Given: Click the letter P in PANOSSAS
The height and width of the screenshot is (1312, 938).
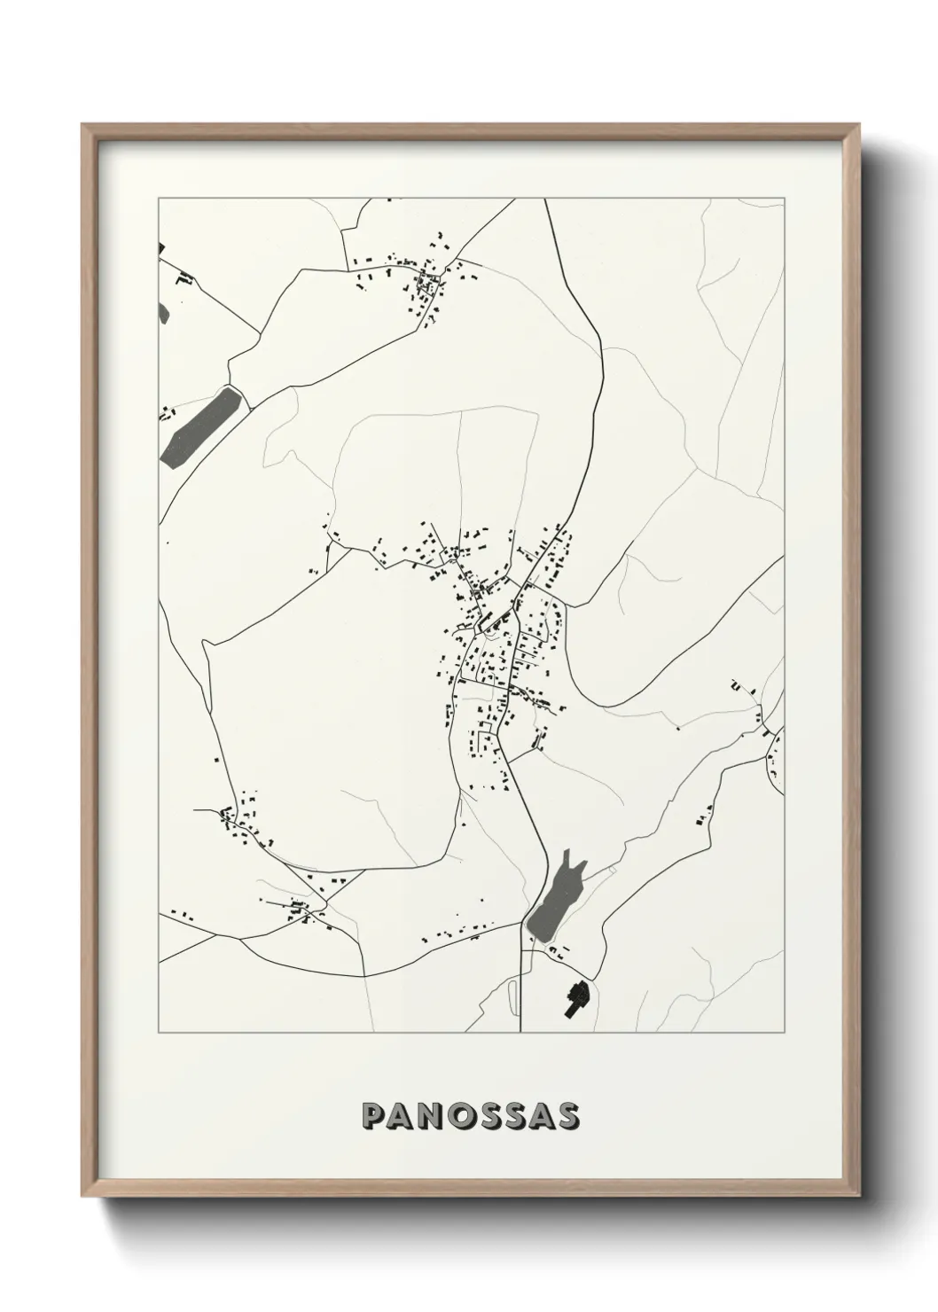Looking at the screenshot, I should coord(372,1117).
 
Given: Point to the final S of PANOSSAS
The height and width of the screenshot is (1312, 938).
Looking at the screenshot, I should coord(568,1117).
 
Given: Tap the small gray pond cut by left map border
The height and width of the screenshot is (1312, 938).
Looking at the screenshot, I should coord(163,312).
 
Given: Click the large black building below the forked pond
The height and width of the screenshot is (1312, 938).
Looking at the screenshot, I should coord(577,998).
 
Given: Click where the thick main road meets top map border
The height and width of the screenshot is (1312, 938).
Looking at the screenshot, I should coord(545,199).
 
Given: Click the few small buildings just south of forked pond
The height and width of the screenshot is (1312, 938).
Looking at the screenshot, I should coord(559,952).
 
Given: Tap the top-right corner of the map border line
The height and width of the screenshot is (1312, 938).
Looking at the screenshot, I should coord(785,199).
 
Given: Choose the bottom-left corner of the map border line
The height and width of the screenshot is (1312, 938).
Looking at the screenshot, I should coord(159,1033).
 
